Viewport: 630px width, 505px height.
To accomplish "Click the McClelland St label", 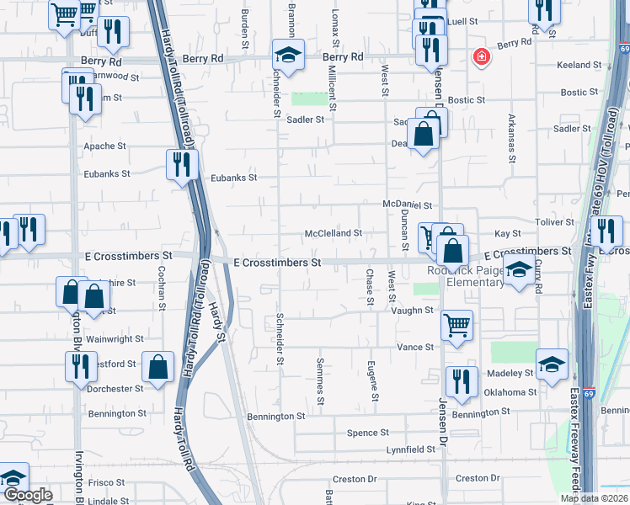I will click(333, 233).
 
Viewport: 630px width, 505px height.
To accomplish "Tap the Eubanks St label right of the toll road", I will click(233, 178).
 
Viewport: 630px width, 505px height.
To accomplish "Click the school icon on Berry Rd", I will click(288, 56).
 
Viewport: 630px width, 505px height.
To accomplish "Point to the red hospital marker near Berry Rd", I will click(481, 57).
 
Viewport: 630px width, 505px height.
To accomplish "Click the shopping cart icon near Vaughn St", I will click(456, 323).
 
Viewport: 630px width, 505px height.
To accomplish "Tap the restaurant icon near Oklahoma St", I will click(461, 381).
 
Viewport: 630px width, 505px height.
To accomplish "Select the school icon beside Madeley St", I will click(552, 364).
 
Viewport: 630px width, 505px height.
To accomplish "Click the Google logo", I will click(29, 495).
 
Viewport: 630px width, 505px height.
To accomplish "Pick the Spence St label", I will click(368, 433).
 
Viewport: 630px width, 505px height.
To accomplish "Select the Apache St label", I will click(105, 146).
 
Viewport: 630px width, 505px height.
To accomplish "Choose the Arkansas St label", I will click(510, 136).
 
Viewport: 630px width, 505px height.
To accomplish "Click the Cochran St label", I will click(160, 289).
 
